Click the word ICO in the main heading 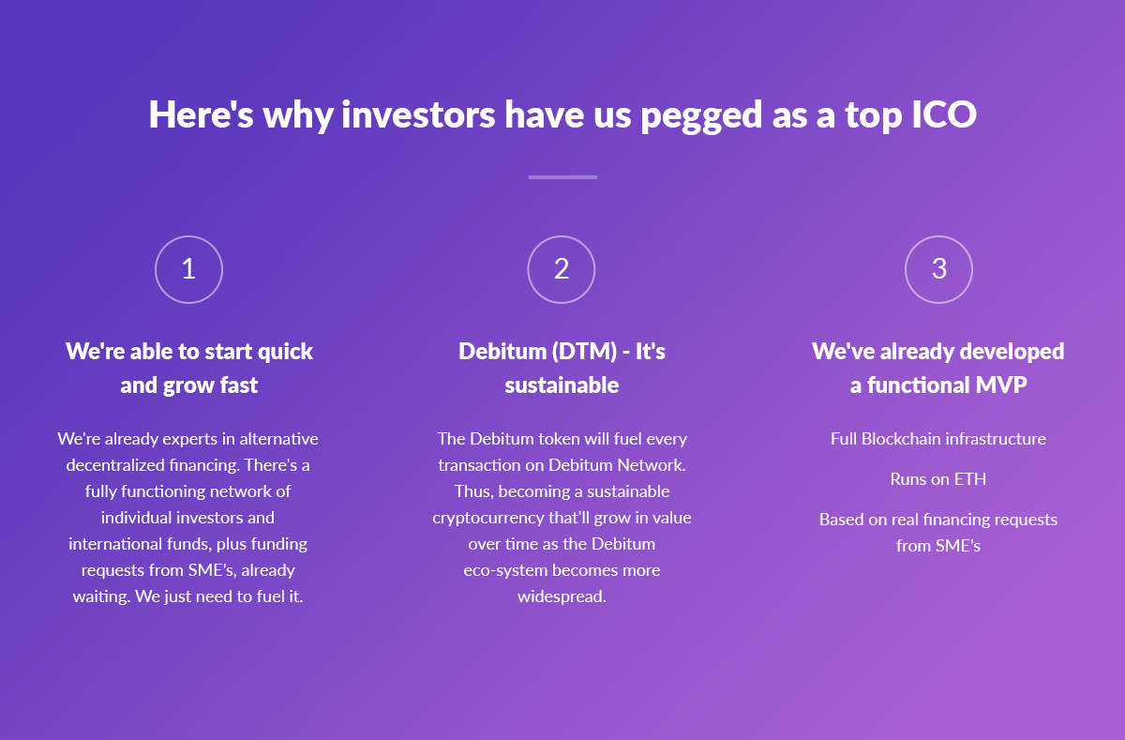[x=944, y=114]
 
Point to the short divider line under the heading [x=562, y=177]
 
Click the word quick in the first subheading [x=285, y=352]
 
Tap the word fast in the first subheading [x=239, y=385]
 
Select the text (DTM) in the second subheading [x=584, y=352]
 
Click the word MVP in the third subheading [x=1001, y=385]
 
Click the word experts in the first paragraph [x=189, y=440]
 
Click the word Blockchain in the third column [x=901, y=439]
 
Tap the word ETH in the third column [x=969, y=479]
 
